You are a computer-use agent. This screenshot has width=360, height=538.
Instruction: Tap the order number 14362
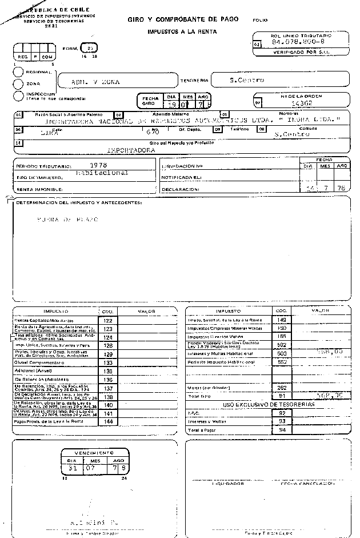301,103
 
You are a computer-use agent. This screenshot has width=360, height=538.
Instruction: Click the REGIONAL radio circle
18,73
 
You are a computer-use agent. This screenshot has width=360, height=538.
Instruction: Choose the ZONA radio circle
18,83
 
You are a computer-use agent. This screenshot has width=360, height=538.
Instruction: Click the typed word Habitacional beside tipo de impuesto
102,172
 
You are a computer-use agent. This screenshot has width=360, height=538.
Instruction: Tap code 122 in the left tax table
108,321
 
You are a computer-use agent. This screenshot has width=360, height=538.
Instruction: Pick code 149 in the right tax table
281,320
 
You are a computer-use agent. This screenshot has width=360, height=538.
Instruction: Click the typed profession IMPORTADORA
132,150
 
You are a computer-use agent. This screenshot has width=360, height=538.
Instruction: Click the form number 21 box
90,47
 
